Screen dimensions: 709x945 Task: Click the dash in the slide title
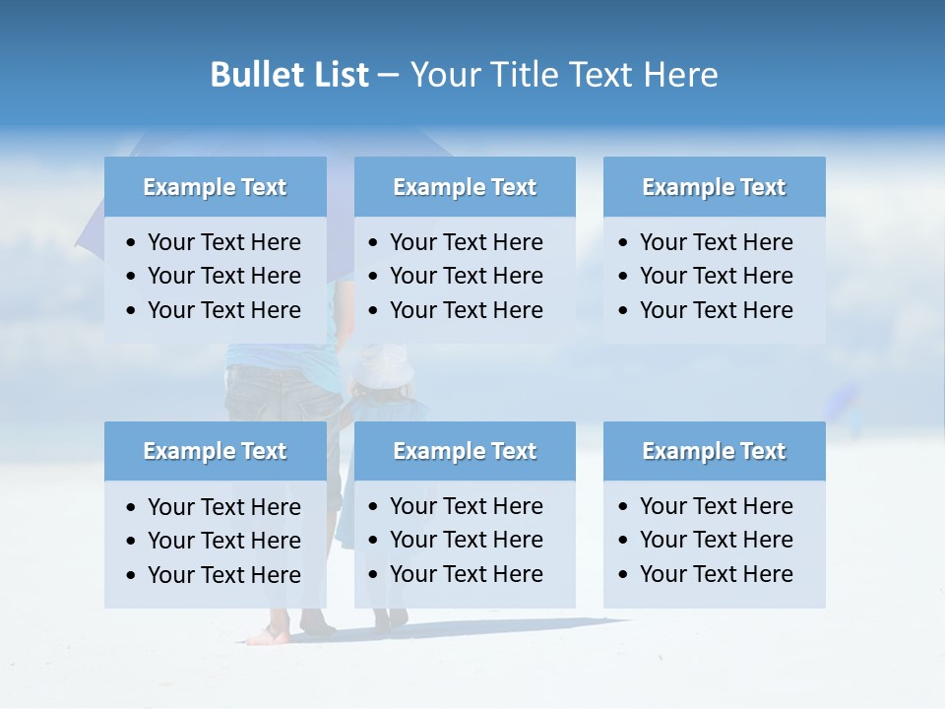click(x=388, y=75)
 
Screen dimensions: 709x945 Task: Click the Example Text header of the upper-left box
click(x=215, y=187)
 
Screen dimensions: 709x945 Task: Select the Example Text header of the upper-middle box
click(x=465, y=187)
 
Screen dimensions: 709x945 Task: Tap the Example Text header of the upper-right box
click(x=714, y=187)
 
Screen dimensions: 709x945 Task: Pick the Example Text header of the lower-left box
click(x=215, y=451)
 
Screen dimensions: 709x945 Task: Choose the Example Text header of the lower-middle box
click(x=465, y=451)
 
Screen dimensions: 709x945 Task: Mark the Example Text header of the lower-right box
click(x=714, y=451)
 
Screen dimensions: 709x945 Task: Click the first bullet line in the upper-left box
click(x=223, y=242)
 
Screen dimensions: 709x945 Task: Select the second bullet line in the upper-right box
click(x=716, y=276)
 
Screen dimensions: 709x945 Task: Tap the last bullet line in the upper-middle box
click(x=466, y=310)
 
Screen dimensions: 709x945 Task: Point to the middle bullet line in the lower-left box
click(x=223, y=541)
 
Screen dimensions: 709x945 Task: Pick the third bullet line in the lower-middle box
click(x=466, y=574)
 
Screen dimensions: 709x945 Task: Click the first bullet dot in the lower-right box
click(x=624, y=507)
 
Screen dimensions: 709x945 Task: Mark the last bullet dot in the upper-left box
click(x=132, y=311)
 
